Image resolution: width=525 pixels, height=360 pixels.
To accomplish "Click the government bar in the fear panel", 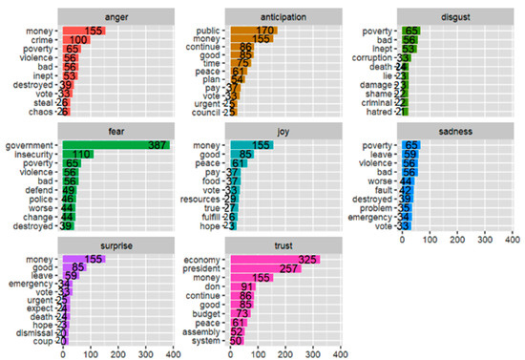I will (x=115, y=144).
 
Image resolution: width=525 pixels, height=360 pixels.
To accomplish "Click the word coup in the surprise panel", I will (x=43, y=340).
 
